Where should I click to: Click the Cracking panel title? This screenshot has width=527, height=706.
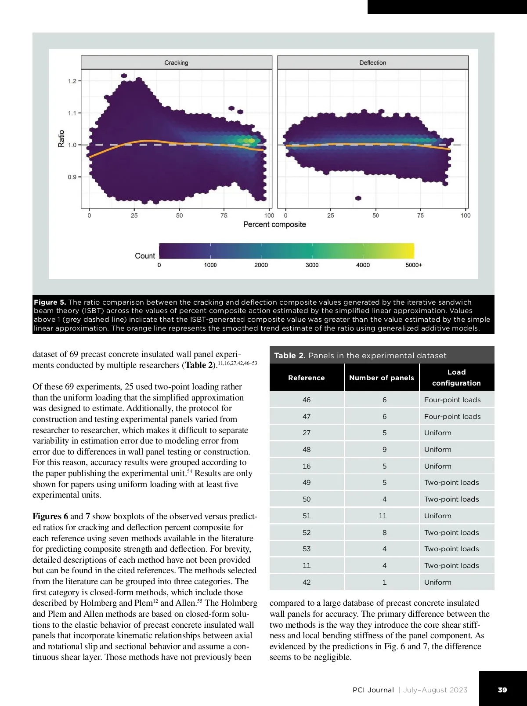point(176,63)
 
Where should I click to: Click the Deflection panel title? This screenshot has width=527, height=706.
point(372,63)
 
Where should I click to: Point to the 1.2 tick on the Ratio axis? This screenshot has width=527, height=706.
point(72,81)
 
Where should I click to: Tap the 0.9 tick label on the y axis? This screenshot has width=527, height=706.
point(72,177)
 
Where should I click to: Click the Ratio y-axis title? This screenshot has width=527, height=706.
point(61,138)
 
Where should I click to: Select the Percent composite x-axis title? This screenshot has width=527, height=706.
point(274,225)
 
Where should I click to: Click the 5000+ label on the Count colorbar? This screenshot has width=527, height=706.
point(413,265)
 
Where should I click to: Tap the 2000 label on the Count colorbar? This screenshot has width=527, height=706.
point(261,265)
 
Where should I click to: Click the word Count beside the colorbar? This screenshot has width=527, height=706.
point(145,256)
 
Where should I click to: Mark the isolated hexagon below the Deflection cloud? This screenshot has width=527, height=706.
point(358,198)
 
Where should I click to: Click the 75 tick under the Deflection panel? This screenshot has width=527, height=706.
point(420,215)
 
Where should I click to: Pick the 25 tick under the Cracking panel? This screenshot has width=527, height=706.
point(134,215)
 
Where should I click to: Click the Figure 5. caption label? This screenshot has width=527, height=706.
point(50,302)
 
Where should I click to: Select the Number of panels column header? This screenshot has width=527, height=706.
point(381,378)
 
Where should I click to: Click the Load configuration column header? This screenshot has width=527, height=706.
point(456,378)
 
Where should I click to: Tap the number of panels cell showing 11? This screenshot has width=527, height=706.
point(383,516)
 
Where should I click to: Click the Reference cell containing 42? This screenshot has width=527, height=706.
point(307,582)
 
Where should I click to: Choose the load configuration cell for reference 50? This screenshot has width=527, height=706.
point(451,499)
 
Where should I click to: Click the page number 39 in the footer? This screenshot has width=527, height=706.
point(502,690)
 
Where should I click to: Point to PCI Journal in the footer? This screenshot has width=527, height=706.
point(373,690)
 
